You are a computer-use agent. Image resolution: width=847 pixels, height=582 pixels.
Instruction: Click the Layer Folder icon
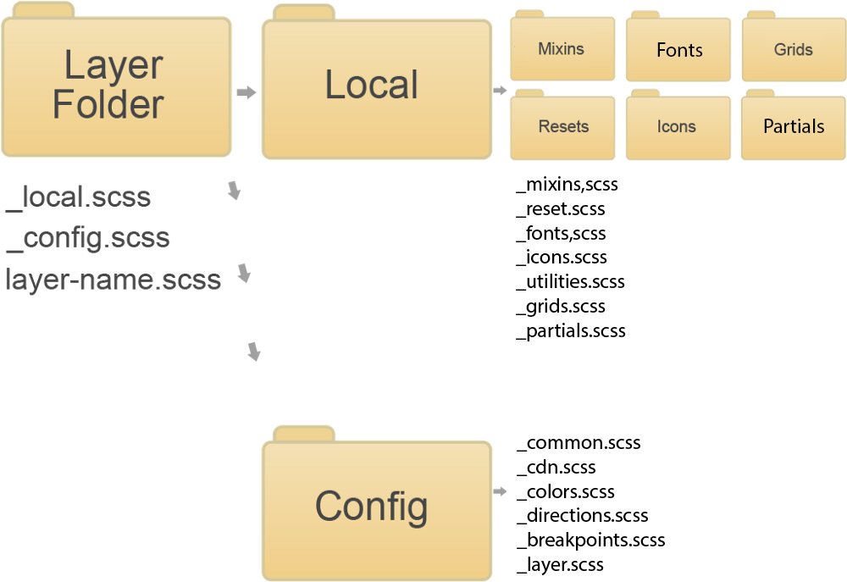pos(116,85)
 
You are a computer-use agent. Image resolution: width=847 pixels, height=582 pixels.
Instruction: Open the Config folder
pos(376,507)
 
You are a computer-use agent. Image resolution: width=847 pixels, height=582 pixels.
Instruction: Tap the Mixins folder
pos(562,50)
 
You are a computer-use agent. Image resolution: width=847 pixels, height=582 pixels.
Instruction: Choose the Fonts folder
pos(678,51)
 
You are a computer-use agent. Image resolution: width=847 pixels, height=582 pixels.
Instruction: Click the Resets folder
pos(562,127)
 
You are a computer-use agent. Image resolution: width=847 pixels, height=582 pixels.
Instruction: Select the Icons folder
pos(678,127)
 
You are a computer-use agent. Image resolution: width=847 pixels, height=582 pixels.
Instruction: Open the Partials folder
pos(794,127)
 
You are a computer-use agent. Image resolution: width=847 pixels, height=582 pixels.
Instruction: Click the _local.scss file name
pos(79,197)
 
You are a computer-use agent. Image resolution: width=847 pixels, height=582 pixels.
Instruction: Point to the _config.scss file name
pos(88,238)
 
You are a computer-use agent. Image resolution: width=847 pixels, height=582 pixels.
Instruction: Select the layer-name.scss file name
pos(113,279)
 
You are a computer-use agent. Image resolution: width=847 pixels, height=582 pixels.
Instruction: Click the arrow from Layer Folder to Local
pos(246,92)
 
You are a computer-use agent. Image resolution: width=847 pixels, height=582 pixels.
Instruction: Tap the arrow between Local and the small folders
pos(500,91)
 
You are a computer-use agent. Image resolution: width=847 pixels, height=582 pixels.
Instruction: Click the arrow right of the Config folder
pos(500,491)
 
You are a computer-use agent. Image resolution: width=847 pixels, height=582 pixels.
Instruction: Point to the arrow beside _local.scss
pos(235,191)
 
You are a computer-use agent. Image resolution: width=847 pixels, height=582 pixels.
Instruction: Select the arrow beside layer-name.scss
pos(245,274)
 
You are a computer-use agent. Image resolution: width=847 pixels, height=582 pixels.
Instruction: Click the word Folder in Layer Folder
pos(108,105)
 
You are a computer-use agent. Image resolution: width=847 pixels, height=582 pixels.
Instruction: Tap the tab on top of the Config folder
pos(303,434)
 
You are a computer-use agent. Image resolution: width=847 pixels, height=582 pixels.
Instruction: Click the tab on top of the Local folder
pos(303,12)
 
